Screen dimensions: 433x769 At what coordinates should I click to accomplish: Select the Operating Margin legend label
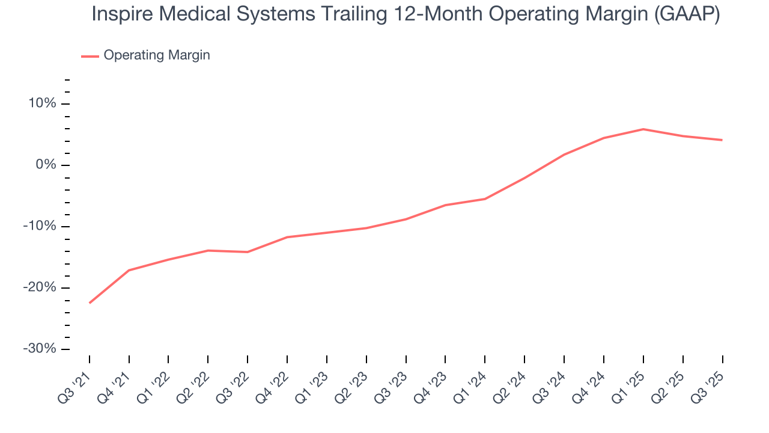tap(157, 55)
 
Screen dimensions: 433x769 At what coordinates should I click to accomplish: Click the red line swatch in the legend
tap(90, 56)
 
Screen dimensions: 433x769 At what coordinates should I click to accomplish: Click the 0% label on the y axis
tap(46, 165)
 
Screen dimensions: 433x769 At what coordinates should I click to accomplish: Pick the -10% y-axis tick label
tap(40, 226)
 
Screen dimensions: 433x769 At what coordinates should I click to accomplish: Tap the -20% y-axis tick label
tap(40, 287)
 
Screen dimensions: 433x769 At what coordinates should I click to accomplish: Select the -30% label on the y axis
tap(40, 349)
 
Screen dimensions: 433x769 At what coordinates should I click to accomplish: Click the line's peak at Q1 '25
tap(643, 129)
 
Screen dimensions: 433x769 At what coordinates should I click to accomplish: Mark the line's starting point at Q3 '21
tap(90, 303)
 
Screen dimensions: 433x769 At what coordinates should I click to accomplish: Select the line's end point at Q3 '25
tap(722, 140)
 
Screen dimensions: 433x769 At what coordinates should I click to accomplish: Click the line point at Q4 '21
tap(129, 270)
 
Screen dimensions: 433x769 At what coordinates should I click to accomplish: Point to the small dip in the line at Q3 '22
tap(248, 252)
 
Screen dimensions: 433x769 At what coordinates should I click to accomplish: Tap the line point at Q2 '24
tap(524, 178)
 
